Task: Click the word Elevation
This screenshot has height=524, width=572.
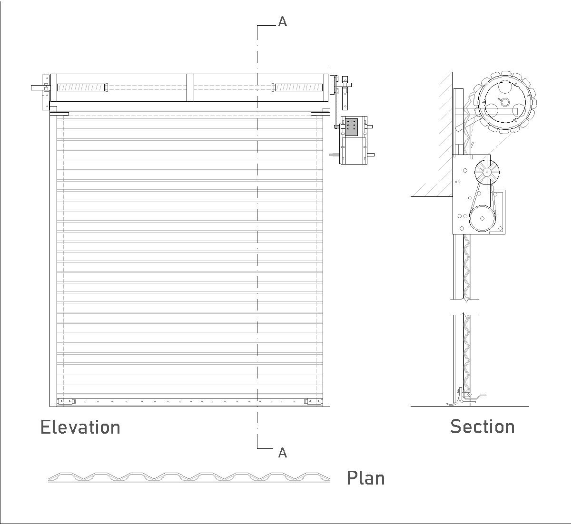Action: point(80,427)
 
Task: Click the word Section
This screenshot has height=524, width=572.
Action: point(482,427)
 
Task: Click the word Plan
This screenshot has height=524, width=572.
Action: point(365,478)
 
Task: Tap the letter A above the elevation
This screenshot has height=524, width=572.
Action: point(282,22)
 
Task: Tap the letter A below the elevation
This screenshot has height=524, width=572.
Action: point(282,453)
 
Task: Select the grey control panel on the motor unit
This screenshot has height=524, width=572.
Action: point(352,127)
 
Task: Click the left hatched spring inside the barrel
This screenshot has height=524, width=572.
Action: point(80,87)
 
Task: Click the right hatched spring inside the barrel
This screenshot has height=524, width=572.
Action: point(298,87)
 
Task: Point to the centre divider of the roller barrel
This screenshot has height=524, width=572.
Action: point(190,87)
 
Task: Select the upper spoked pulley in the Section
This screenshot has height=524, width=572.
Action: point(487,173)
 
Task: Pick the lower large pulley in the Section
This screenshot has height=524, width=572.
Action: point(482,219)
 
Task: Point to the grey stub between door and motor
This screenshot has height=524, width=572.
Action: point(334,155)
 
